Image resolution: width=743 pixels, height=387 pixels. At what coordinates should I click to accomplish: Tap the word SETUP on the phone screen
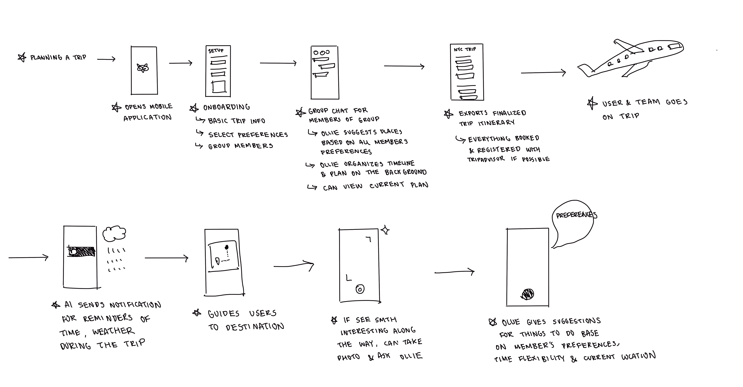[x=216, y=51]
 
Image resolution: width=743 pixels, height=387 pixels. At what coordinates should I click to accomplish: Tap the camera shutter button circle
[x=360, y=289]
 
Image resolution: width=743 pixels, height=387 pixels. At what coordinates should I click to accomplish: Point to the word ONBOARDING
[x=226, y=107]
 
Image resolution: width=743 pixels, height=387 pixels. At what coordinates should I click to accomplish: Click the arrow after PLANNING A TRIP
[x=106, y=59]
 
